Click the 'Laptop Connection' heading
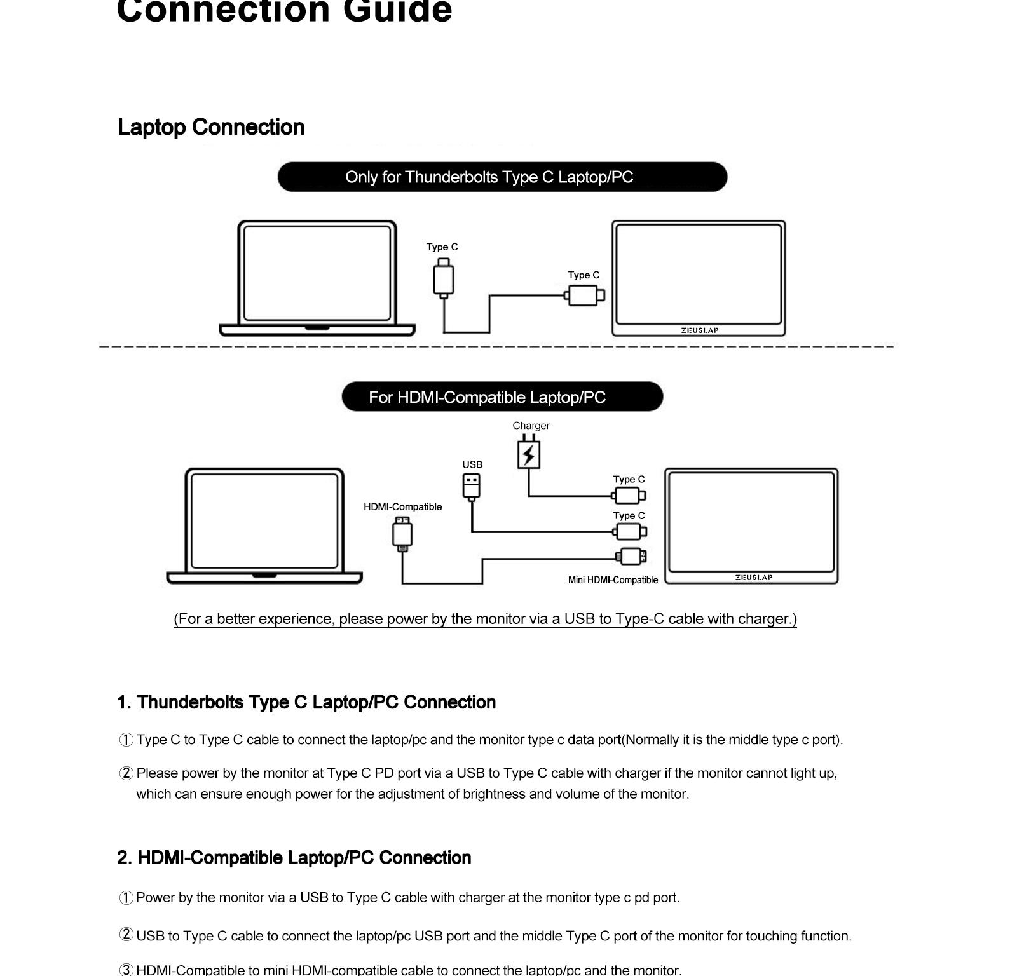coord(211,128)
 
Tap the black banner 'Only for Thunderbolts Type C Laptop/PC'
coord(502,177)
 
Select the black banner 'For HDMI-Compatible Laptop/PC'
coord(502,396)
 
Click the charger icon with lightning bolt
coord(529,452)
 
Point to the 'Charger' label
coord(531,426)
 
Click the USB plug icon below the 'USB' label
coord(472,487)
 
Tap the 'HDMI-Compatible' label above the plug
coord(402,507)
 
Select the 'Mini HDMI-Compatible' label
coord(613,580)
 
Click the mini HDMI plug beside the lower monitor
coord(631,557)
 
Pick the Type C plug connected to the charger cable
coord(629,496)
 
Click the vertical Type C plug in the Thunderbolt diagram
coord(444,278)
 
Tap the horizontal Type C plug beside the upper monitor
coord(584,295)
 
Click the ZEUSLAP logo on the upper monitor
coord(700,330)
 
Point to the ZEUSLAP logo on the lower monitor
coord(754,578)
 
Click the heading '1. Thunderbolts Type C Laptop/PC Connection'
coord(306,703)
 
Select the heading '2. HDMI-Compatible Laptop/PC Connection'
coord(294,858)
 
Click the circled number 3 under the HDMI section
coord(126,970)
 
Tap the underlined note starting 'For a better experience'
coord(486,620)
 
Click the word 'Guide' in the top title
coord(397,11)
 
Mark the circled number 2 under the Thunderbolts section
coord(126,773)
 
